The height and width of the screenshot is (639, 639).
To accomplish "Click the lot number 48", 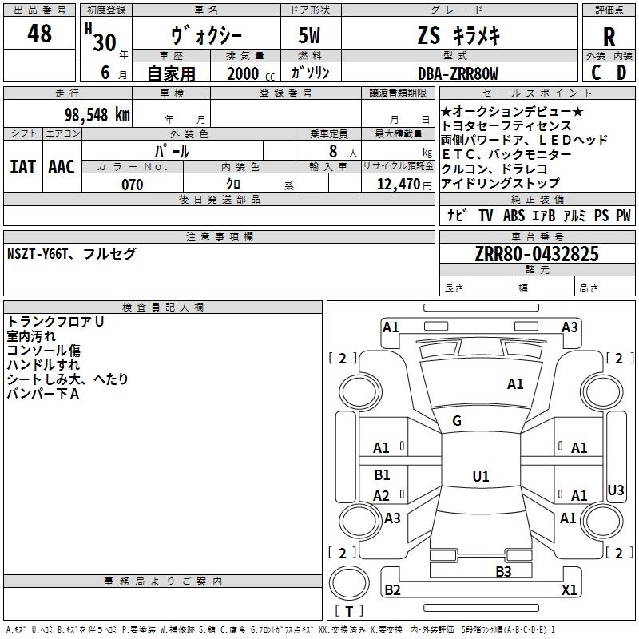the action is click(x=40, y=34).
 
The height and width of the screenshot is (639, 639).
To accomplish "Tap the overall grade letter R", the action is click(x=609, y=37).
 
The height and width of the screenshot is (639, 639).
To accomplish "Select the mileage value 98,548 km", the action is click(x=97, y=114).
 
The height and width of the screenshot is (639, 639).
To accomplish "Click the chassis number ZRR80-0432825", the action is click(x=537, y=254).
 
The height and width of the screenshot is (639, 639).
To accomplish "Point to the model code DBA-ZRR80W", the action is click(x=458, y=73).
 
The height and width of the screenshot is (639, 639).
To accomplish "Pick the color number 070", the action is click(x=132, y=185).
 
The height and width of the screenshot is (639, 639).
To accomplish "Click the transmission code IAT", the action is click(x=22, y=166).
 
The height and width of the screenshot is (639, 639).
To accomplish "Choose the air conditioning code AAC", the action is click(x=62, y=166).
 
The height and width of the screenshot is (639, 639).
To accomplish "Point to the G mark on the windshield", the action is click(x=457, y=421).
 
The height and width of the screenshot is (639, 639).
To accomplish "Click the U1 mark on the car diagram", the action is click(x=480, y=476).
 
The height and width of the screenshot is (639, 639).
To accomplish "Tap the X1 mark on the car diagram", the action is click(x=569, y=589).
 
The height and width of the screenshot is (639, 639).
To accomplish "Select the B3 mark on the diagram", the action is click(x=503, y=571).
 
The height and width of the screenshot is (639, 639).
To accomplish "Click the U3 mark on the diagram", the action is click(x=616, y=490).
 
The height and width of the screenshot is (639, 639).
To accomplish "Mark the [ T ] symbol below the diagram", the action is click(x=349, y=612).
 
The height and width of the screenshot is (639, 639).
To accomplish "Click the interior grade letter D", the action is click(x=621, y=73).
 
